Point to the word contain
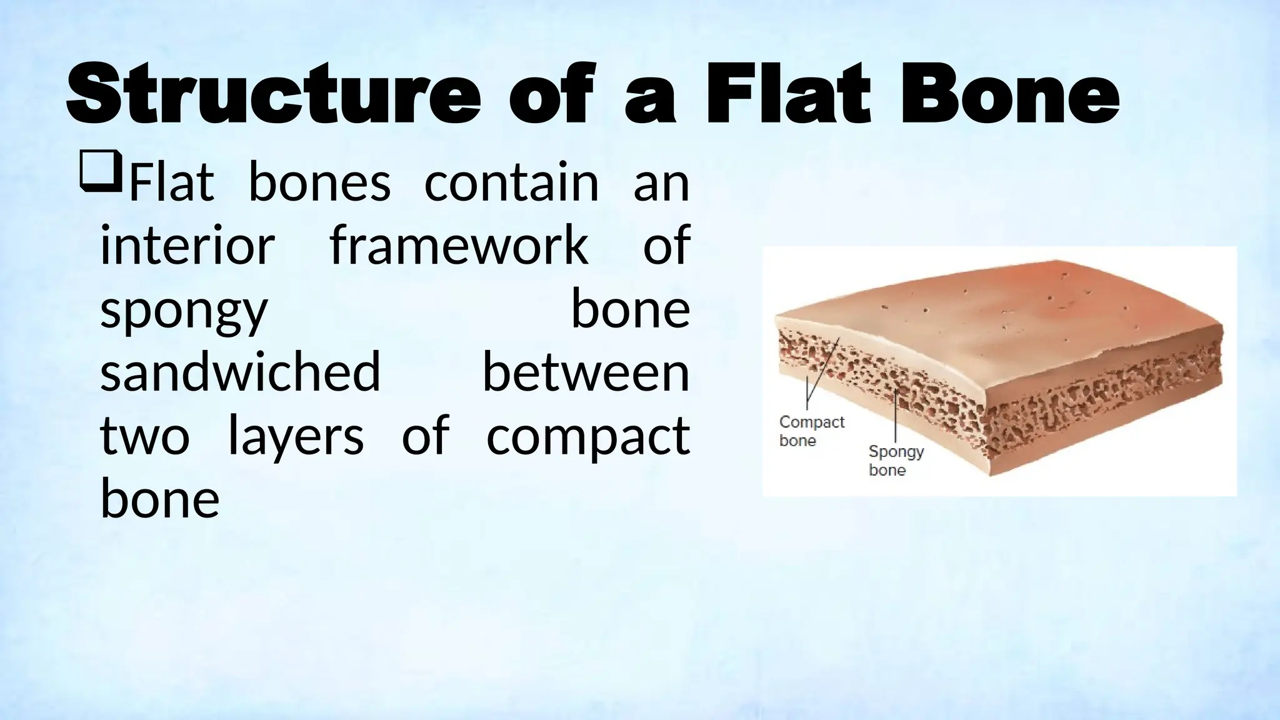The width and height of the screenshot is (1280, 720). pyautogui.click(x=511, y=183)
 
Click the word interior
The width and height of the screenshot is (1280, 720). pyautogui.click(x=187, y=246)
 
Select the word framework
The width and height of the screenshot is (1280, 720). pyautogui.click(x=459, y=246)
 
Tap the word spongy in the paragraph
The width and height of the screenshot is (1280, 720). pyautogui.click(x=184, y=311)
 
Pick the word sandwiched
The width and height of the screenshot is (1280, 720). pyautogui.click(x=241, y=372)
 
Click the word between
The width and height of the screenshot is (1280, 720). pyautogui.click(x=586, y=372)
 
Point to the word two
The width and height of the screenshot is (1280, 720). pyautogui.click(x=144, y=436)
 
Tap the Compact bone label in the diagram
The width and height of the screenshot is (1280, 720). pyautogui.click(x=811, y=431)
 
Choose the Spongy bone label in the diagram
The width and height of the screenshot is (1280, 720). pyautogui.click(x=896, y=460)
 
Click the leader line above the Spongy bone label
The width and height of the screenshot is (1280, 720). pyautogui.click(x=896, y=416)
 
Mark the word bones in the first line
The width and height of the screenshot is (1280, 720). pyautogui.click(x=319, y=183)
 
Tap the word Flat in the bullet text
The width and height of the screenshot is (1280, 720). pyautogui.click(x=171, y=183)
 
